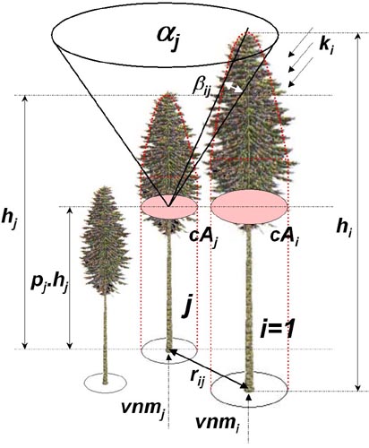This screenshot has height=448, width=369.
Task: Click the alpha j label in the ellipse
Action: point(169,39)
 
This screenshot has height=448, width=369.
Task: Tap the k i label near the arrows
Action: point(326,47)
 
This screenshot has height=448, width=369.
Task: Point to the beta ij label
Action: point(202,88)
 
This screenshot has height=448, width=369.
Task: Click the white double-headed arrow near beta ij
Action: point(233,87)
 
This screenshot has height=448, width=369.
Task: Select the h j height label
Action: point(9,220)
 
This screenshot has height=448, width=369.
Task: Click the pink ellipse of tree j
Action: point(169,207)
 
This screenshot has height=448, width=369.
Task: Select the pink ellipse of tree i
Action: point(249,207)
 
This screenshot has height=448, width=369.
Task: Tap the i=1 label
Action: point(278,329)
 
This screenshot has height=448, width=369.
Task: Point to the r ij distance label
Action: point(197,379)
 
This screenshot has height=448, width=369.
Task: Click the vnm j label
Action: point(143,409)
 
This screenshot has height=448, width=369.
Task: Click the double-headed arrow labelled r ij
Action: point(209,369)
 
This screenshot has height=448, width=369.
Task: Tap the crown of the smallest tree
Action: point(105,240)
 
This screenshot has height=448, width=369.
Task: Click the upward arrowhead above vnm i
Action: point(249,396)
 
